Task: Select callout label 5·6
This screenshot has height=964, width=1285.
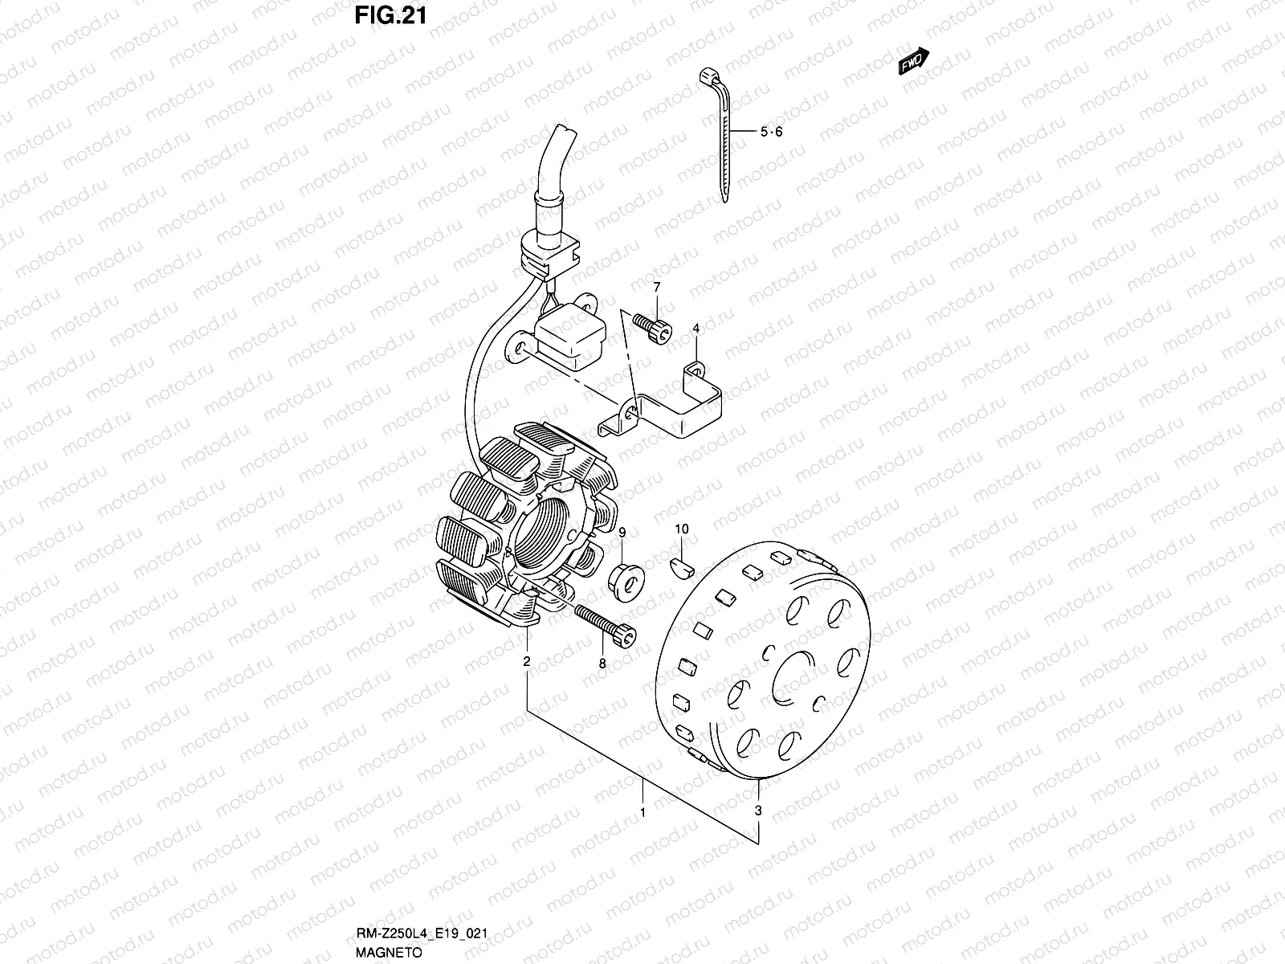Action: [x=770, y=133]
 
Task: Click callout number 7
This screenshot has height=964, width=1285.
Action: [x=656, y=287]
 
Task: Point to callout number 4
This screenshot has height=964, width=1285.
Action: [x=696, y=328]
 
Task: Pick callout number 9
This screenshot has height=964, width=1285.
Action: [x=622, y=532]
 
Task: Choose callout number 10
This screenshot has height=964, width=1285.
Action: [x=682, y=529]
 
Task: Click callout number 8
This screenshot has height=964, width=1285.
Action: [x=602, y=664]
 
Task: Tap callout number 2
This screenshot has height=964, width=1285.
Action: [x=527, y=662]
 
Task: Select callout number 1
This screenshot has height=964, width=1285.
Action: [x=642, y=813]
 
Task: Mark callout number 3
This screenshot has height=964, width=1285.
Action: [x=758, y=811]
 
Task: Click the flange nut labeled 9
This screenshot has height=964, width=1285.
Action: [x=624, y=579]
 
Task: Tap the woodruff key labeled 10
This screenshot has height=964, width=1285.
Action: [x=681, y=567]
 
